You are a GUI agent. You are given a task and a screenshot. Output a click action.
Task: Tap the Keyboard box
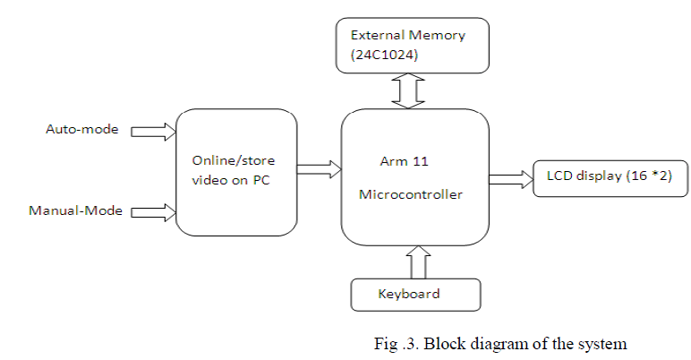click(x=416, y=294)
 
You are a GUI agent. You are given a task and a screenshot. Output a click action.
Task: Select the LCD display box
click(x=610, y=177)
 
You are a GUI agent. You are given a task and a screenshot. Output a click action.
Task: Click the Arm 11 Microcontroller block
click(x=415, y=178)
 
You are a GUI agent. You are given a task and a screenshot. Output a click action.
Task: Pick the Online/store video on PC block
click(x=235, y=171)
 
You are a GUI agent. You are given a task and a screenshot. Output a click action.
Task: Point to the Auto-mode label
click(x=81, y=129)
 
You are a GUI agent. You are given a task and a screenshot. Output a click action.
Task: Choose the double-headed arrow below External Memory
click(x=407, y=90)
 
